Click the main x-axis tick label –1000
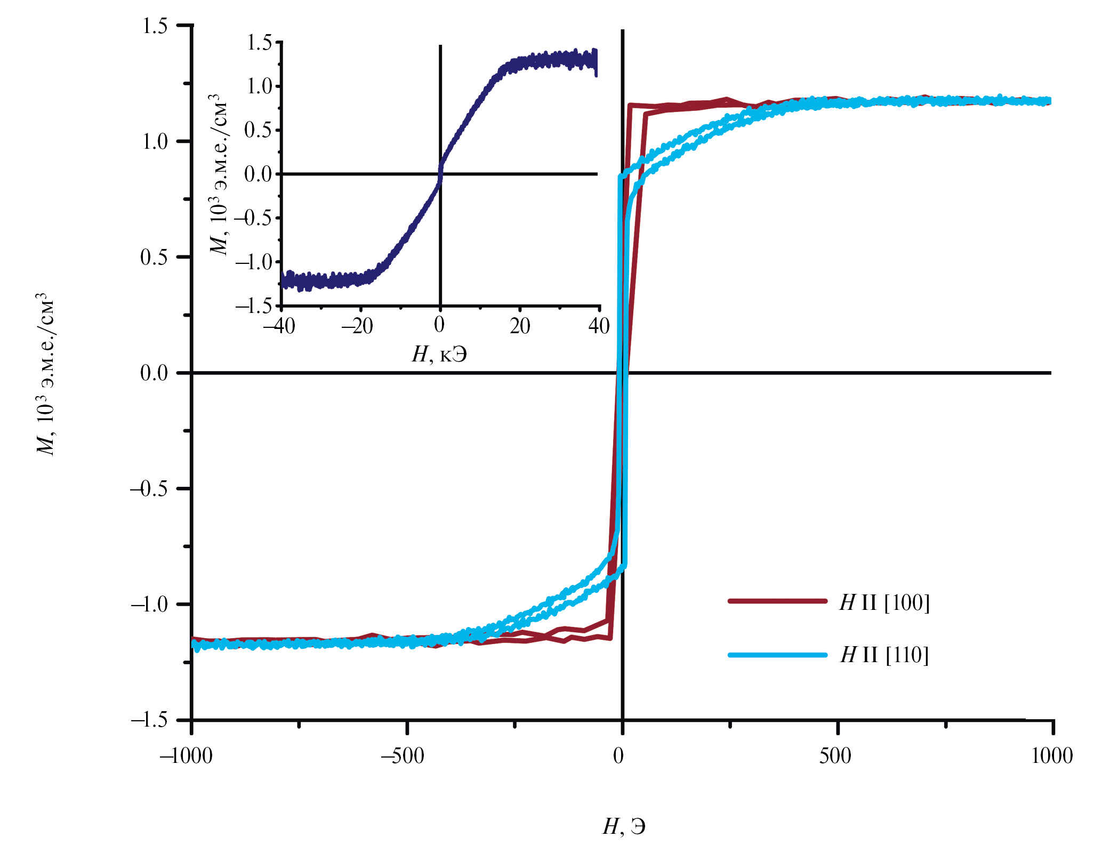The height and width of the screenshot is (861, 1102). pos(186,756)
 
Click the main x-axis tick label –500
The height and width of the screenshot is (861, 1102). pos(403,756)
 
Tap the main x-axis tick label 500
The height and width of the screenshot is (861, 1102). pos(835,756)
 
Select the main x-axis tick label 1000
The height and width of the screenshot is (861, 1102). pos(1051,756)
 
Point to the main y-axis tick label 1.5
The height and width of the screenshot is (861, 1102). pos(155,26)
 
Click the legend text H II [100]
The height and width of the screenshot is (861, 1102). pos(884,603)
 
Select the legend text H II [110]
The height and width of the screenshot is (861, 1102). pos(884,655)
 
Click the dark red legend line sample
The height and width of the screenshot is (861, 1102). pos(777,601)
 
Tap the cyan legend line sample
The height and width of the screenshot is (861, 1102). pos(777,655)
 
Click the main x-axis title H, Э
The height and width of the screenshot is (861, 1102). pos(624,827)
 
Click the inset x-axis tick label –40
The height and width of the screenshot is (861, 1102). pos(279,326)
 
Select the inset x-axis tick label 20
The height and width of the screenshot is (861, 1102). pos(520,326)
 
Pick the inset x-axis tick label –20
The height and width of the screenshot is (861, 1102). pos(358,326)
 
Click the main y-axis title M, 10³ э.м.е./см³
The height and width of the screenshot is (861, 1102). pos(45,373)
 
